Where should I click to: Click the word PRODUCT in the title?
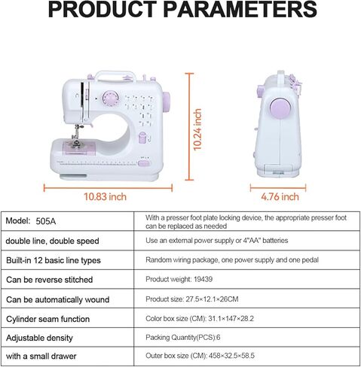102,9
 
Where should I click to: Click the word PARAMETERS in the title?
240,9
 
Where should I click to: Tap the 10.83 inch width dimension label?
105,197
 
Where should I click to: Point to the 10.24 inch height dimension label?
197,129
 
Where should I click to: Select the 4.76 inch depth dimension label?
280,197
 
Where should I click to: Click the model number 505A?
46,221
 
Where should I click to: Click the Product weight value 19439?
203,279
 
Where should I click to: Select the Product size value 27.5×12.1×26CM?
212,299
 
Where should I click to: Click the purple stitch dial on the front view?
110,98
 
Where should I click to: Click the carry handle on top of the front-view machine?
115,75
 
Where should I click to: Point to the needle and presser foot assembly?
76,137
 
